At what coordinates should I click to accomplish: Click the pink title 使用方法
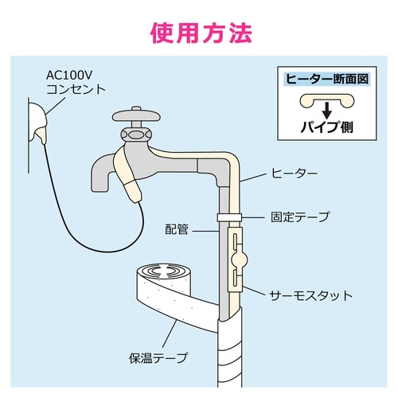point(199,33)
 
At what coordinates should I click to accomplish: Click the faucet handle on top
point(136,116)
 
